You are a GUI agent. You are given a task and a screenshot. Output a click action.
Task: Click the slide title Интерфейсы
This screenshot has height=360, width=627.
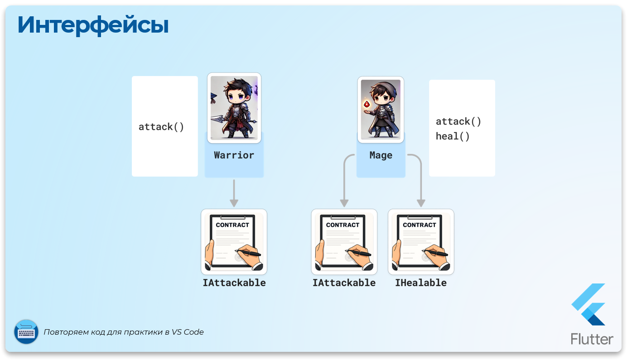tap(93, 25)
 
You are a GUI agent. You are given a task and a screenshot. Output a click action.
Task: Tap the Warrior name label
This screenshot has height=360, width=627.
tap(234, 155)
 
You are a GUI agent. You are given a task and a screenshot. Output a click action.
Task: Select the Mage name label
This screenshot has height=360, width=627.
tap(381, 155)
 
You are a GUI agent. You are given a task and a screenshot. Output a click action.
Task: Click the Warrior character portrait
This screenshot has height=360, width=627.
tap(234, 108)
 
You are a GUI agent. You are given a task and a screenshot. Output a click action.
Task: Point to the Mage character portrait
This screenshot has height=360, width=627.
tap(381, 110)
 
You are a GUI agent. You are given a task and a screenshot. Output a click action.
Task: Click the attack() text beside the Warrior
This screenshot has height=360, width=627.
tap(161, 127)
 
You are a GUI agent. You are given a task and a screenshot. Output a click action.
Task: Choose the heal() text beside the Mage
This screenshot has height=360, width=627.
tap(453, 136)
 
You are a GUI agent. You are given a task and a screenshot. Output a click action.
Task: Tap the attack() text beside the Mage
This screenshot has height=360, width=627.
tap(458, 122)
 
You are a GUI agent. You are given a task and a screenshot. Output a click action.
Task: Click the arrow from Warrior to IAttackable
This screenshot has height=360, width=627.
tap(234, 193)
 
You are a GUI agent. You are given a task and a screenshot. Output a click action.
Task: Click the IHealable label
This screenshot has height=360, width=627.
tap(421, 283)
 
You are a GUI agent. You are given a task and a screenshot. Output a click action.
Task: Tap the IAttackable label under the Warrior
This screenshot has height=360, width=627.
tap(234, 283)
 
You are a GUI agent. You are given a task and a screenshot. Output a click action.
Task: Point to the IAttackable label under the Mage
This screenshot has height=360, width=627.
tap(344, 283)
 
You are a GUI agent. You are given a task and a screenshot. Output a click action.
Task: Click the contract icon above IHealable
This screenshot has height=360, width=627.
tap(421, 242)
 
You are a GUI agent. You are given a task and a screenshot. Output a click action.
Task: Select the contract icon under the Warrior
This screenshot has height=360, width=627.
tap(234, 242)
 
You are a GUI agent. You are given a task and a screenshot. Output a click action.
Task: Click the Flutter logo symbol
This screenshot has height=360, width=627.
tap(588, 304)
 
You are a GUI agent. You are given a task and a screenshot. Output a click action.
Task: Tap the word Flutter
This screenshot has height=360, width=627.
tap(592, 339)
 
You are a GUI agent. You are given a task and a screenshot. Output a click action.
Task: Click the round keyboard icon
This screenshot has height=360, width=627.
tap(26, 332)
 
